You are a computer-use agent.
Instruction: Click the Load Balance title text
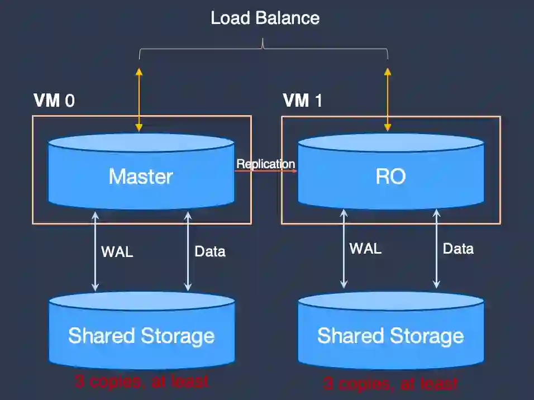point(265,18)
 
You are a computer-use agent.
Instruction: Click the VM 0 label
point(54,101)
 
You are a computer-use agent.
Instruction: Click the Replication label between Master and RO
point(265,164)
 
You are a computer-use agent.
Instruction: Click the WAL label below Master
point(117,251)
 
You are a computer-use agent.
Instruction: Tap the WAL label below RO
point(365,248)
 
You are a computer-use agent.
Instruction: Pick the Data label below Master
point(209,251)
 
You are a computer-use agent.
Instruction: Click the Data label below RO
point(458,248)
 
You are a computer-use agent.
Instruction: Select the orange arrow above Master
point(139,100)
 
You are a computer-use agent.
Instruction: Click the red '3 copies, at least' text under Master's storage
point(141,381)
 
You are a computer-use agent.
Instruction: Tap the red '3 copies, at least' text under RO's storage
point(390,383)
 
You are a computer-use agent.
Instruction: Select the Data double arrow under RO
point(436,248)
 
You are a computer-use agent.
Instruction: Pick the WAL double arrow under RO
point(344,248)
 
